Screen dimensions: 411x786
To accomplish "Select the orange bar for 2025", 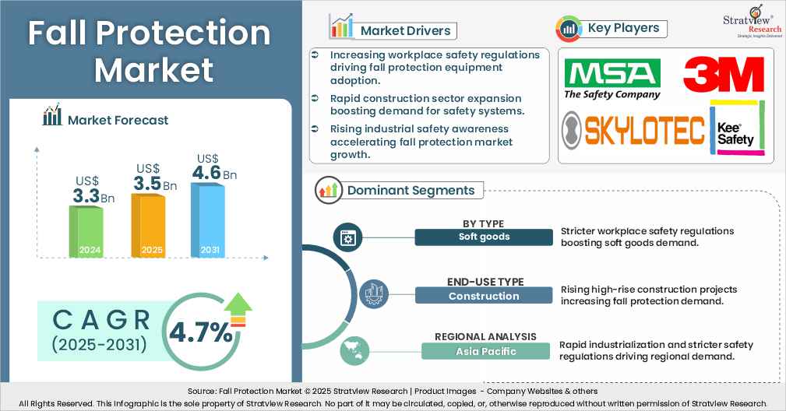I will [x=147, y=224].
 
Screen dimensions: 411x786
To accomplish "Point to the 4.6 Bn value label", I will [x=214, y=172].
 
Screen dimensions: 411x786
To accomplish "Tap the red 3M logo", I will [x=723, y=76].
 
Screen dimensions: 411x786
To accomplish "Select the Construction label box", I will [x=483, y=295].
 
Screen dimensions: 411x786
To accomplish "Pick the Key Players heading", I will [x=622, y=28].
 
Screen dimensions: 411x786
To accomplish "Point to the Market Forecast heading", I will [x=117, y=119].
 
